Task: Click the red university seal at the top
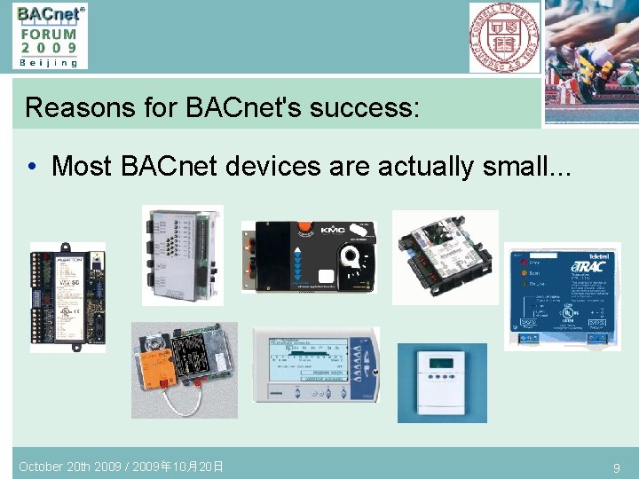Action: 504,36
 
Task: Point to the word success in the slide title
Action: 359,108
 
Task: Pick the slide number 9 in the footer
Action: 616,467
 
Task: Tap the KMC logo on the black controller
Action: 331,230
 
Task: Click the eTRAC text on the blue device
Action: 590,266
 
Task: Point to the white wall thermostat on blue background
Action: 441,370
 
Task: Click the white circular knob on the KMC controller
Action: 351,258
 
